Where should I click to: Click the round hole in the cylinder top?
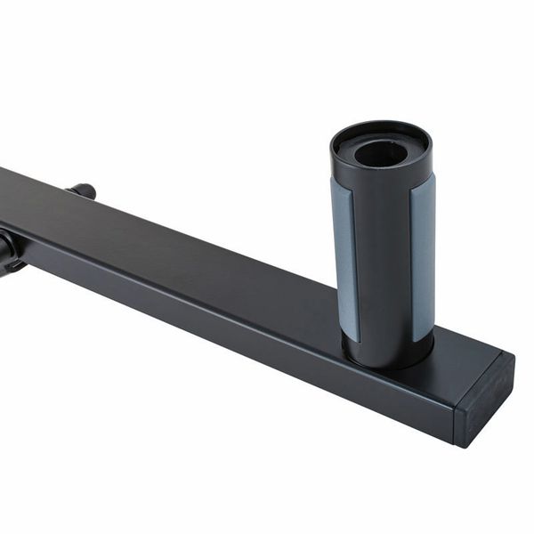pos(381,153)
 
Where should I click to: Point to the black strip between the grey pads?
pos(383,267)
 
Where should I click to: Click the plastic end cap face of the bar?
pos(485,400)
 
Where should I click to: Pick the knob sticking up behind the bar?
pos(82,190)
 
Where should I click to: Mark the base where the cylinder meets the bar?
pos(387,356)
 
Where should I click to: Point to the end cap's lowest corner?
pos(462,444)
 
